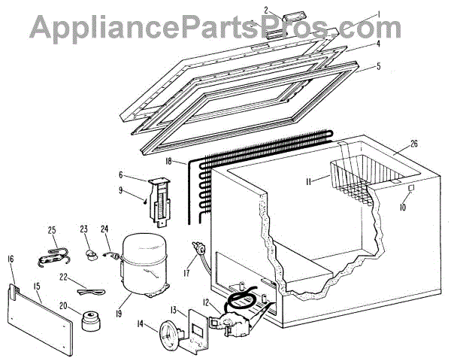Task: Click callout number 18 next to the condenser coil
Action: (x=169, y=161)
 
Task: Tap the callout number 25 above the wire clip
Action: (x=52, y=230)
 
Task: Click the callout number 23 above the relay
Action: (x=83, y=230)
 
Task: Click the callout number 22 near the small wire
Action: (x=65, y=278)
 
